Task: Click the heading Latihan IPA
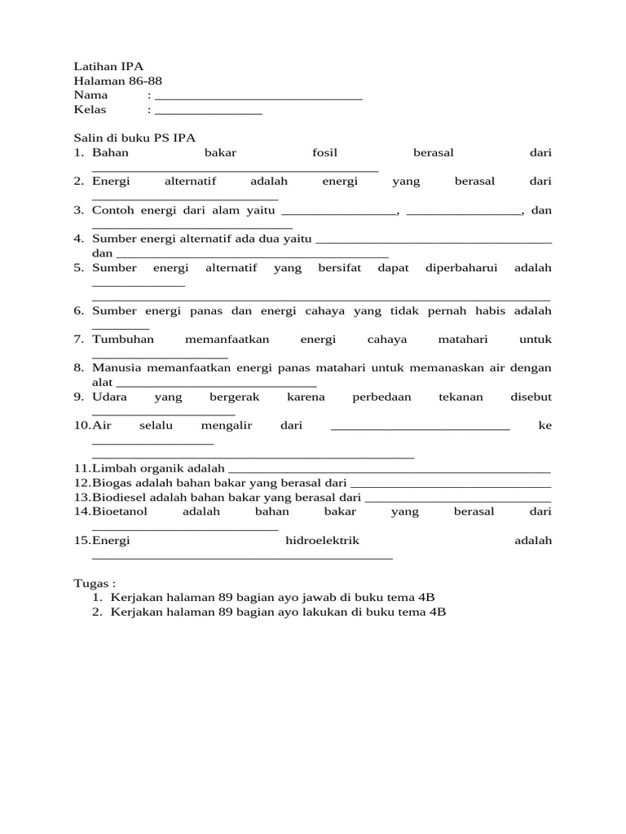(x=108, y=66)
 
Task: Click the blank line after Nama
(x=258, y=97)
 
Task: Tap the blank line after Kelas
(x=208, y=112)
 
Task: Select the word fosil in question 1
(x=324, y=152)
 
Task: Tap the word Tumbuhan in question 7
(x=123, y=339)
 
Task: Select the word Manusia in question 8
(x=116, y=368)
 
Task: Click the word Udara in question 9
(x=110, y=397)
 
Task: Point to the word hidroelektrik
(x=322, y=540)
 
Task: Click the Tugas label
(x=95, y=584)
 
